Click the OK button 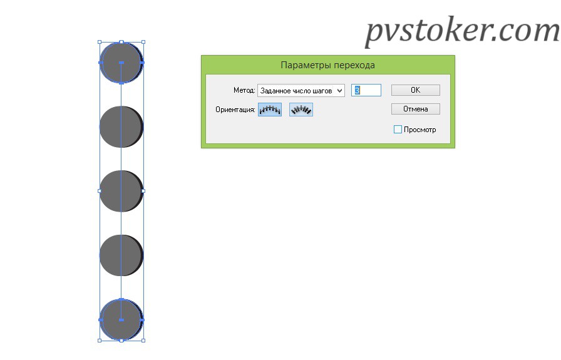(415, 90)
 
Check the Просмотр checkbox (398, 130)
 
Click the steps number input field (366, 90)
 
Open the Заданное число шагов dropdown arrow (339, 91)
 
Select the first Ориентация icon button (270, 110)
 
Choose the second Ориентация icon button (301, 110)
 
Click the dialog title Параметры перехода (327, 65)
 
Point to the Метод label (244, 90)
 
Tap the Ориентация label (235, 110)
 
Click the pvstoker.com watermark (462, 31)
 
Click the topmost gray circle (121, 63)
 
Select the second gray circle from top (121, 126)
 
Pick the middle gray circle (121, 191)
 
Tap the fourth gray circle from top (121, 255)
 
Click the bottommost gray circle (121, 319)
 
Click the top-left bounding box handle (100, 42)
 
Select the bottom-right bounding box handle (143, 341)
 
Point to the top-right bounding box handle (143, 42)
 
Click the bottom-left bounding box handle (100, 341)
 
